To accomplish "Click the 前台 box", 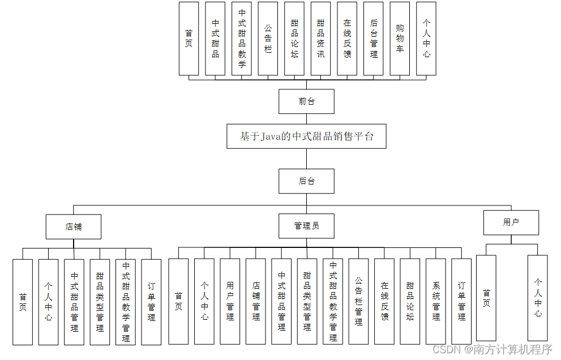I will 306,102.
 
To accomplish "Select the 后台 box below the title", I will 306,181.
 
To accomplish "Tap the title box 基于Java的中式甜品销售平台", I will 306,136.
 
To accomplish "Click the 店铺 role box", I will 74,226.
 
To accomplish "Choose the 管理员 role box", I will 306,226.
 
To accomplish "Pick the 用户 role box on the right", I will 511,222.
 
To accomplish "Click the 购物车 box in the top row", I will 400,38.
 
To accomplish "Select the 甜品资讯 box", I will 320,38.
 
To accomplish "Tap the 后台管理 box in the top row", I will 374,38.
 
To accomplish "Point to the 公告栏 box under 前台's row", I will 268,38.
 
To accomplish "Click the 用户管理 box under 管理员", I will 230,301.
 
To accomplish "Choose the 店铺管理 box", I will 256,301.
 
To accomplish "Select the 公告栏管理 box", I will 358,301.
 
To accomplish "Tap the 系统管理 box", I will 436,301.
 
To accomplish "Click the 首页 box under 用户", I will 486,297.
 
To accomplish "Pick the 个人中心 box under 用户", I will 538,297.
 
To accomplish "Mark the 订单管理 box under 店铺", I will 151,302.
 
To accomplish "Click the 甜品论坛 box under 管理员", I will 410,301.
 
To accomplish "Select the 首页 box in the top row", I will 189,38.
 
